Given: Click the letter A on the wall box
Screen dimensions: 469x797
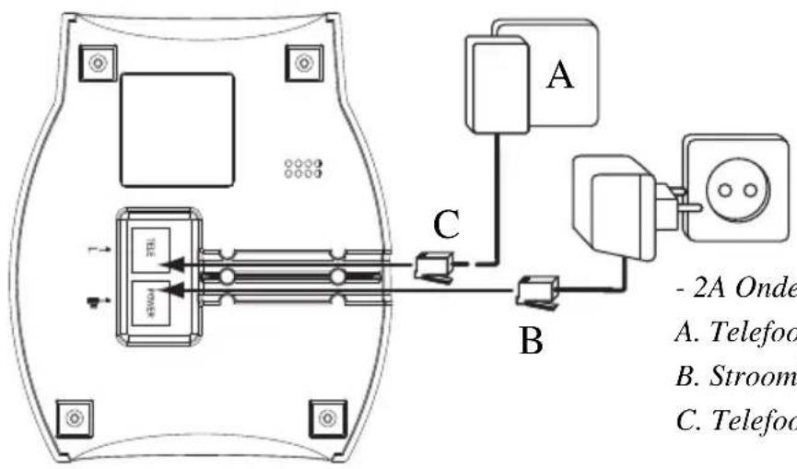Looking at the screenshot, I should (x=559, y=75).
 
